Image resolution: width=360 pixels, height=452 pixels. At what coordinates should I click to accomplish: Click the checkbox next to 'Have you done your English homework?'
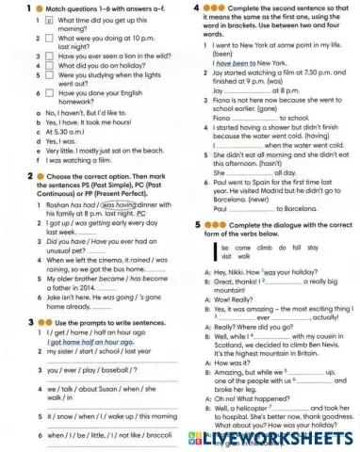point(23,95)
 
